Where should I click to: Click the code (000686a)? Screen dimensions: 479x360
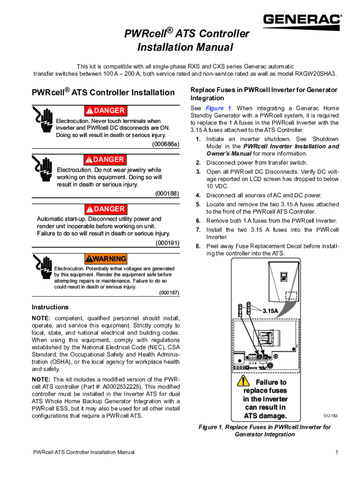(166, 144)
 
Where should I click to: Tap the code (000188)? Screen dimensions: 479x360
(167, 193)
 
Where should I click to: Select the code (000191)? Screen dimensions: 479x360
(167, 243)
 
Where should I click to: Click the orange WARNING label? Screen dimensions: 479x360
(105, 259)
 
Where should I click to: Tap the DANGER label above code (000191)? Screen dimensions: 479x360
(105, 209)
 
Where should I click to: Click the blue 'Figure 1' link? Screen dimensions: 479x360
(215, 109)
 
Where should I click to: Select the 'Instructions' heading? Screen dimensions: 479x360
(50, 307)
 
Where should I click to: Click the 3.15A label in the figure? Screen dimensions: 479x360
(270, 311)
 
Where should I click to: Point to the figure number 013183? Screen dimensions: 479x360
(331, 415)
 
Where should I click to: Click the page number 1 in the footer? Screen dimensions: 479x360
(336, 452)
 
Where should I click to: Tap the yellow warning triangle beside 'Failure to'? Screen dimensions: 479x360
(243, 381)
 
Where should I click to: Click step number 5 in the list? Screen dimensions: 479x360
(198, 204)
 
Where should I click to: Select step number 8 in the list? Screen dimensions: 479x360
(198, 246)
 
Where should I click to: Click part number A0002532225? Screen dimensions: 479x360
(124, 386)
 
